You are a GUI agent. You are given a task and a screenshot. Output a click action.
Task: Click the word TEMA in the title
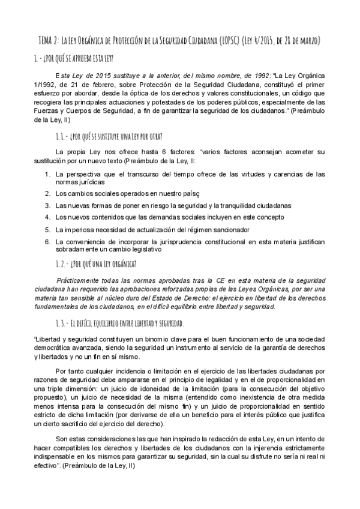(46, 41)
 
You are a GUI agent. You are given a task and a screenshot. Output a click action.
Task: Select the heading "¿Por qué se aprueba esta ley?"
(78, 58)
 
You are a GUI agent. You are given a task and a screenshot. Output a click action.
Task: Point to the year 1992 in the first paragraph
(251, 76)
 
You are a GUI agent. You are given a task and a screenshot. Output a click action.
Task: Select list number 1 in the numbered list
(47, 174)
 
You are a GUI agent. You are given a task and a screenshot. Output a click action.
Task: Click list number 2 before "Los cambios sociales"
(47, 193)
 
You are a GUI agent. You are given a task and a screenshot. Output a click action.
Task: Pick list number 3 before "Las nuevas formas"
(47, 205)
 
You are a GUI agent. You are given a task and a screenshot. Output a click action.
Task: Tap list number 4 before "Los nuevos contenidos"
(47, 217)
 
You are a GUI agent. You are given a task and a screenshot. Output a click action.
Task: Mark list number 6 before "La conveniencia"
(47, 241)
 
